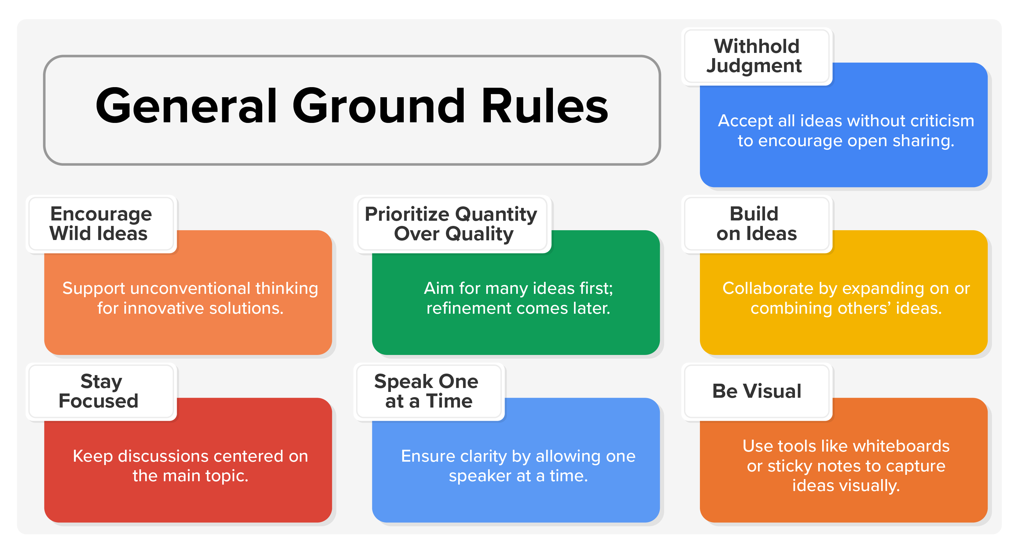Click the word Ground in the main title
(379, 106)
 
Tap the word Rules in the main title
(545, 106)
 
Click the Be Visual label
(756, 391)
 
